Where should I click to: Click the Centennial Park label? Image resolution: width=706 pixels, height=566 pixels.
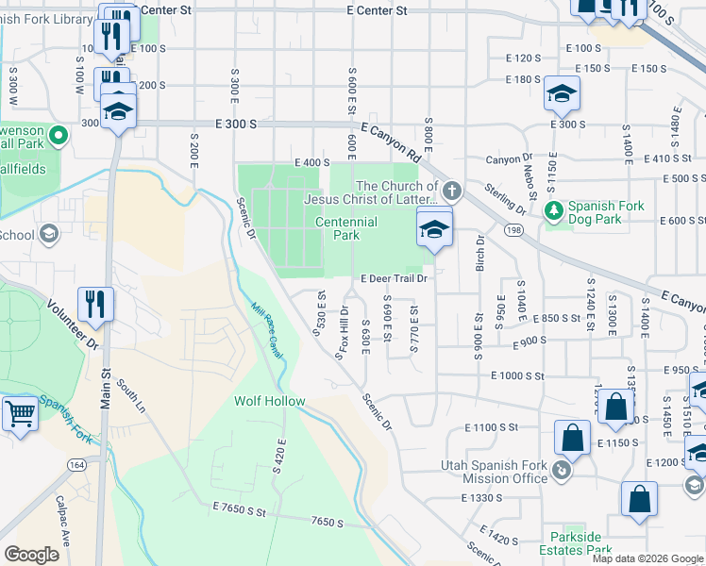(x=345, y=228)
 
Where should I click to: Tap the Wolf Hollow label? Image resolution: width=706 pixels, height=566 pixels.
(x=270, y=402)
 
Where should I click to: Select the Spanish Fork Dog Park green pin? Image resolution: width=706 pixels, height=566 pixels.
(x=553, y=208)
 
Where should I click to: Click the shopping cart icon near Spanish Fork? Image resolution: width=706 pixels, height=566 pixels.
(x=20, y=413)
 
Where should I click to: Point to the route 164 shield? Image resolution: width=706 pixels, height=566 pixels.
(x=76, y=464)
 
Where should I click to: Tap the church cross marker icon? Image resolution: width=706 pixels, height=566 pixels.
(x=452, y=191)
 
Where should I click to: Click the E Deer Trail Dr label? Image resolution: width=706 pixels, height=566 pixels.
(x=395, y=278)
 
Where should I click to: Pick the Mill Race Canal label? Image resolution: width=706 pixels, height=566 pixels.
(x=268, y=328)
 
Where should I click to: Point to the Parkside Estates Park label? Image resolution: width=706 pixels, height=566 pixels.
(x=576, y=543)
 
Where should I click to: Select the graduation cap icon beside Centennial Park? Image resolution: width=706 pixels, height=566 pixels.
(x=434, y=229)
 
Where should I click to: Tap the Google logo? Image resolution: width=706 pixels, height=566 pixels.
(x=31, y=555)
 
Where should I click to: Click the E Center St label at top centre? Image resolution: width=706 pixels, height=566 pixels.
(x=377, y=10)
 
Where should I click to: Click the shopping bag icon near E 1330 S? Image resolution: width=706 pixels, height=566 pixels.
(x=639, y=499)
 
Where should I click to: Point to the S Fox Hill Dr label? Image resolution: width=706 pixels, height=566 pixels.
(x=343, y=332)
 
